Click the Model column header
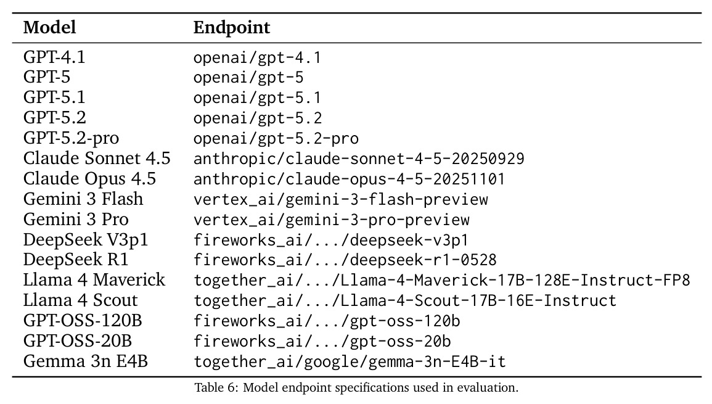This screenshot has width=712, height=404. (x=49, y=27)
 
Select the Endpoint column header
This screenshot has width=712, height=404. (x=232, y=28)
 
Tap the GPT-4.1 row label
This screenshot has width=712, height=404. (x=54, y=57)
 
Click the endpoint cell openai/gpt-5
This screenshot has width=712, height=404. (x=248, y=78)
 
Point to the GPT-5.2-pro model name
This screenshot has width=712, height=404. (x=72, y=138)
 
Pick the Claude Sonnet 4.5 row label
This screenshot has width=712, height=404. (x=97, y=158)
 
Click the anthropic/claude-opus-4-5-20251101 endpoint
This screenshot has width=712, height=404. (x=349, y=179)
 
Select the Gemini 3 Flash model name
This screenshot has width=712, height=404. (x=83, y=199)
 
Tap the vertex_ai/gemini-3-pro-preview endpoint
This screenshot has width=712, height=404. (x=332, y=220)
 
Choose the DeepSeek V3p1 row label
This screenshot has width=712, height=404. (x=86, y=239)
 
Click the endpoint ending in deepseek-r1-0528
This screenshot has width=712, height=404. (x=345, y=260)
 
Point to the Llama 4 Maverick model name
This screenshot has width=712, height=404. (x=94, y=279)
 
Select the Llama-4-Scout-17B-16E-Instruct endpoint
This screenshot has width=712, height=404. (x=405, y=300)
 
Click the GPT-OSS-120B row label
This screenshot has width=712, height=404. (x=83, y=320)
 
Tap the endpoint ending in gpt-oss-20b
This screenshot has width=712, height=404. (x=322, y=341)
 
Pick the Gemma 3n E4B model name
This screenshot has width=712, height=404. (x=85, y=361)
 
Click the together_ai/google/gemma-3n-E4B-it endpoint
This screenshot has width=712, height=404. (x=350, y=361)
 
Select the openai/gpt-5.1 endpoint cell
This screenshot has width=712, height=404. (x=258, y=97)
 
